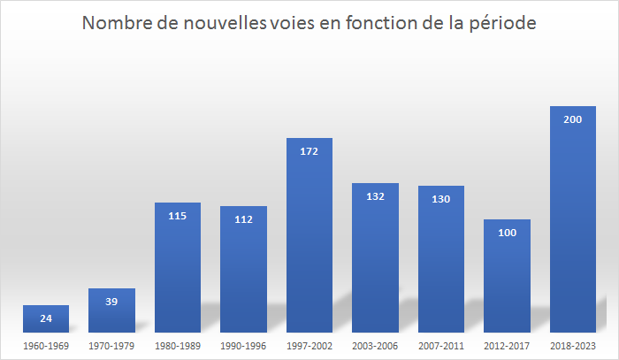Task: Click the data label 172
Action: [309, 151]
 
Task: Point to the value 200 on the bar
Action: [573, 119]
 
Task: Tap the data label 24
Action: [46, 318]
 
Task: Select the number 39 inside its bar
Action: [111, 302]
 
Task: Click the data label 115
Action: [178, 216]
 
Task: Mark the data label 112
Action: [243, 219]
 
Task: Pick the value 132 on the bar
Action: [375, 196]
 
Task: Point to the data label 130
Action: [441, 199]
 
